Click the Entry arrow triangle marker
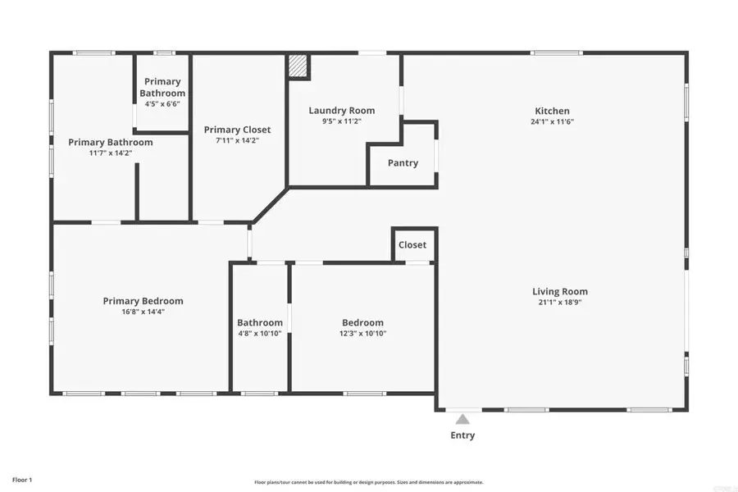coord(462,419)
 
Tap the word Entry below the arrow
coord(462,435)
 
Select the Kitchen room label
coord(552,111)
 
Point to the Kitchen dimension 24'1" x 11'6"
coord(552,122)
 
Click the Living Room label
coord(560,291)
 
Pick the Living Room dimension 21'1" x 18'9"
coord(560,303)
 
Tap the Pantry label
coord(403,163)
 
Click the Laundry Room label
coord(341,110)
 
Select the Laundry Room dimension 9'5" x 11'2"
coord(341,121)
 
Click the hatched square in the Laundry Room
coord(298,66)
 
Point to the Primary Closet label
coord(237,130)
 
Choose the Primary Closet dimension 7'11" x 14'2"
coord(237,141)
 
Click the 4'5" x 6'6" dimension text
coord(162,104)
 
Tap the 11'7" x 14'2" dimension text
coord(110,153)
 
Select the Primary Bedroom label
coord(143,301)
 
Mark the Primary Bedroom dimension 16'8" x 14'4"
coord(143,312)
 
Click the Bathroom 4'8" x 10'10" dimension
coord(260,334)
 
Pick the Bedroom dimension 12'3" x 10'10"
coord(362,334)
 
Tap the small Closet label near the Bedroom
coord(412,244)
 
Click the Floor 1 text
coord(22,479)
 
